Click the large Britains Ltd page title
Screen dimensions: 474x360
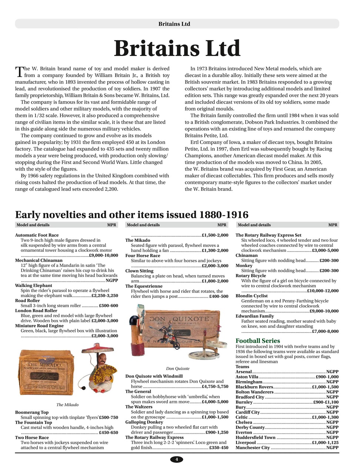[x=177, y=49]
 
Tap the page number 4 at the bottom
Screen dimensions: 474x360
[x=176, y=459]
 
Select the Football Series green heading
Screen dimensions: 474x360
[x=258, y=341]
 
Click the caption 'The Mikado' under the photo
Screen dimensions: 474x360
[x=67, y=405]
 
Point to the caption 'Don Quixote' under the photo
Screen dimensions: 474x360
[x=178, y=368]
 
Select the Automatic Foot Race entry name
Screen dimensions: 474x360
[x=37, y=235]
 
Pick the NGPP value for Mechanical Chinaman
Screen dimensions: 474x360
[x=112, y=281]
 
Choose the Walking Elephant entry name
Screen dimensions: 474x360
[x=33, y=286]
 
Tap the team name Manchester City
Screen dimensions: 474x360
[x=253, y=448]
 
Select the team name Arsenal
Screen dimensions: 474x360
[x=243, y=372]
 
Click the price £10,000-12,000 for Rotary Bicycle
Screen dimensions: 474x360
[x=323, y=291]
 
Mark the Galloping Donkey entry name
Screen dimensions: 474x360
[x=144, y=422]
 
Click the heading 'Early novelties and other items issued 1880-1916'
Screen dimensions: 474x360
[x=131, y=215]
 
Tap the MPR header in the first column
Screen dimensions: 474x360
[x=111, y=225]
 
